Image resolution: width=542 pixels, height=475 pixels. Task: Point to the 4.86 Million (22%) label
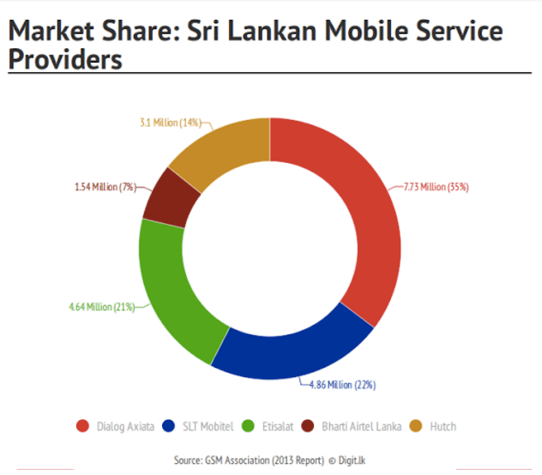click(342, 384)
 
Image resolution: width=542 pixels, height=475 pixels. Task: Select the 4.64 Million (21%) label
click(101, 306)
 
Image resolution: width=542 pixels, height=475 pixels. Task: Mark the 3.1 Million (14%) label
click(170, 123)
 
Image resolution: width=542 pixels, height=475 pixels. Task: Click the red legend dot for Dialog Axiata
click(83, 426)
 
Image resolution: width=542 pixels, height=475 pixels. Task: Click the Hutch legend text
click(443, 426)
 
